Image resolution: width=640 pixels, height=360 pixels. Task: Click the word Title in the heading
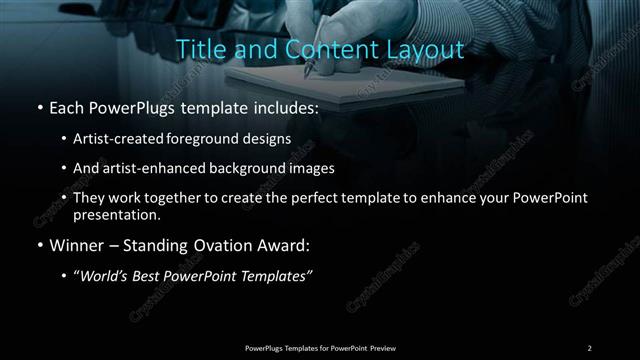(x=198, y=49)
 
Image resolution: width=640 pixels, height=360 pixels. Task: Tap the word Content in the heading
(x=321, y=49)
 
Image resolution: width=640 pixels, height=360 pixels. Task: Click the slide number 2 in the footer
(x=590, y=347)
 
